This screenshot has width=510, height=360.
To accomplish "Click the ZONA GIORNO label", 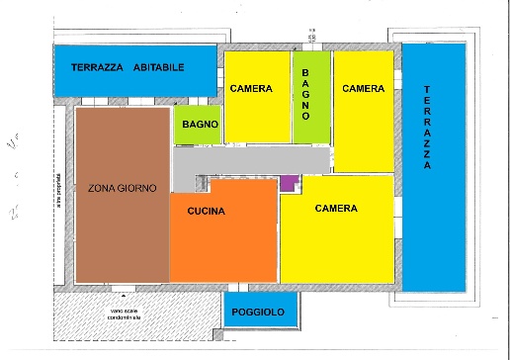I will pos(122,188).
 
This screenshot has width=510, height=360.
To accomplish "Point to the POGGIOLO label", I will pos(258,314).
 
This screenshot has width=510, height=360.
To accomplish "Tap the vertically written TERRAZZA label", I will pos(427,128).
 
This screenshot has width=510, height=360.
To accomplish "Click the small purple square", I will pos(289,183).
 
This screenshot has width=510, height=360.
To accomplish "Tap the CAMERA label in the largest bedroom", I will pos(336,209).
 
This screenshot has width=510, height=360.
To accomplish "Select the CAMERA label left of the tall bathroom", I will pos(251,89).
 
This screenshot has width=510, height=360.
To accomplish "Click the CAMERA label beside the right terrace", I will pos(363,89).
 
